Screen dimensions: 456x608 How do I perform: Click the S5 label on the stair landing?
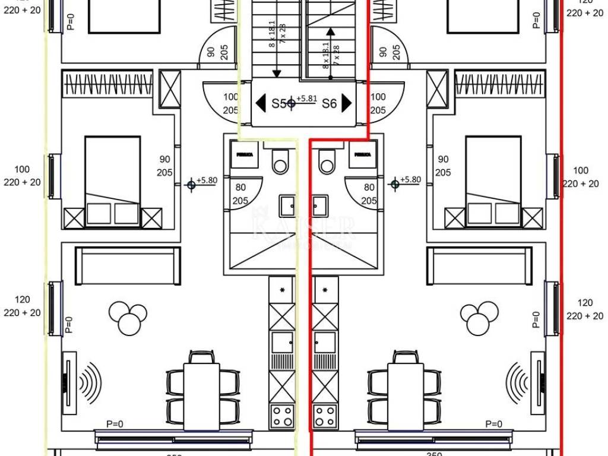(278, 103)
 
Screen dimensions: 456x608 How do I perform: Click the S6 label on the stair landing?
(329, 103)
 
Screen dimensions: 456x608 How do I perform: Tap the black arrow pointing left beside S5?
(260, 103)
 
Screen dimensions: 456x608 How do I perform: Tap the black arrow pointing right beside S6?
(347, 103)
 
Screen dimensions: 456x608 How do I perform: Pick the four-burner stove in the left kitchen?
(282, 415)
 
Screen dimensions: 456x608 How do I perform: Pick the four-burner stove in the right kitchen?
(325, 415)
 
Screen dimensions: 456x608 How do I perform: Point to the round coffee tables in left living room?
(128, 317)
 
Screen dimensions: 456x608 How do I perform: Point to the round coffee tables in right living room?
(480, 317)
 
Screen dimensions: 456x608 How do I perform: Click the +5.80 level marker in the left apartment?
(191, 185)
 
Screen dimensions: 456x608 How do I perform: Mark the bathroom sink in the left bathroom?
(288, 206)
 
